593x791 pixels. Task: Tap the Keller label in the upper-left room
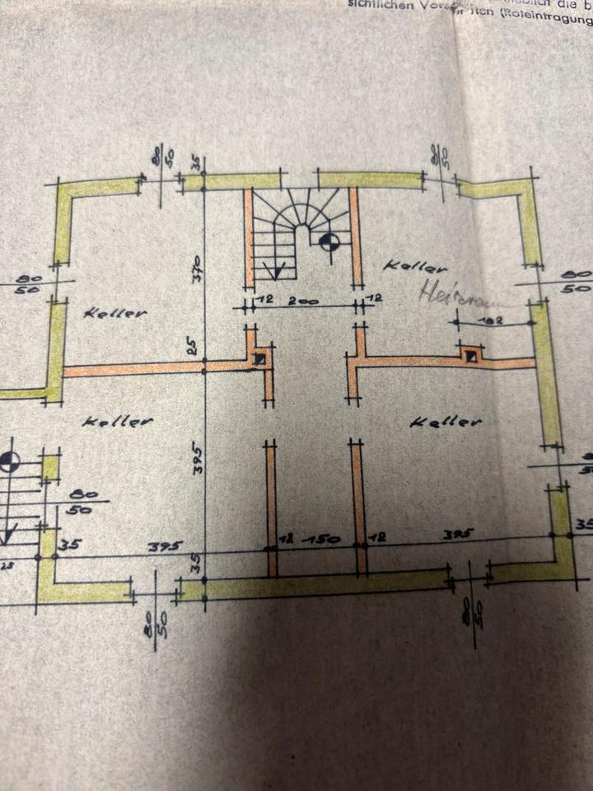pos(114,313)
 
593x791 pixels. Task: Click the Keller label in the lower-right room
pos(445,422)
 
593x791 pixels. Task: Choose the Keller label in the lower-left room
pos(119,421)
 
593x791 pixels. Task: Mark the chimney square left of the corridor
pos(260,358)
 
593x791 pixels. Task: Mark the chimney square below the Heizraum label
pos(470,357)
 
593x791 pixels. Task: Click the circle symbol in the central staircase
pos(328,241)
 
